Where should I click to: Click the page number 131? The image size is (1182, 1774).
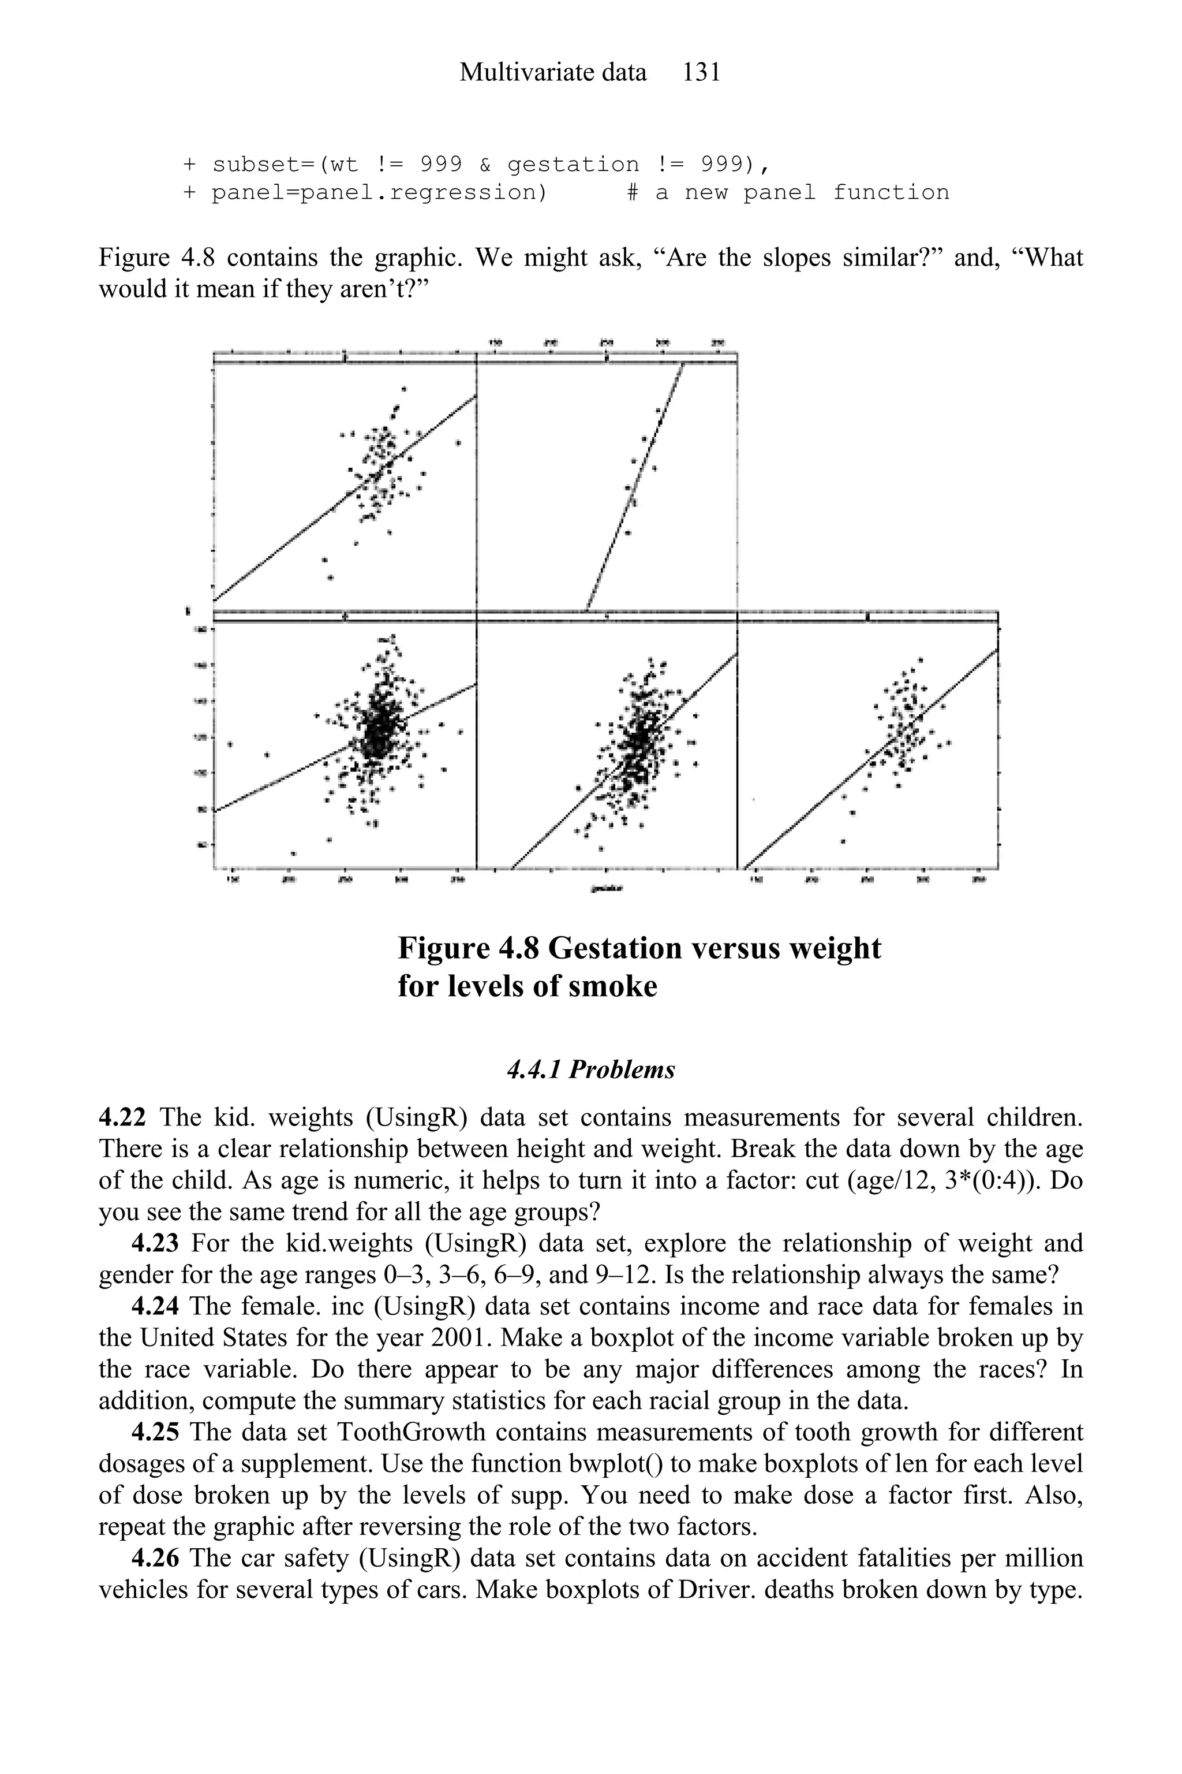pos(701,72)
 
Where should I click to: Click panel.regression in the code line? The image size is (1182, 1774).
pos(377,193)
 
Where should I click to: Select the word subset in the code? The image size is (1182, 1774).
pos(256,165)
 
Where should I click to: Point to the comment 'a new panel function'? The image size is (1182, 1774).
pos(802,193)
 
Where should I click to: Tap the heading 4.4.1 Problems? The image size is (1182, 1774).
pos(591,1069)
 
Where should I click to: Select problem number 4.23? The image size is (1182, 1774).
pos(154,1243)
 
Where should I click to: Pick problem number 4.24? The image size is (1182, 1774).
pos(154,1306)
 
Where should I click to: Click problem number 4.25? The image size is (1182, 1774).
pos(154,1432)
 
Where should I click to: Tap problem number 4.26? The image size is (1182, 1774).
pos(154,1558)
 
